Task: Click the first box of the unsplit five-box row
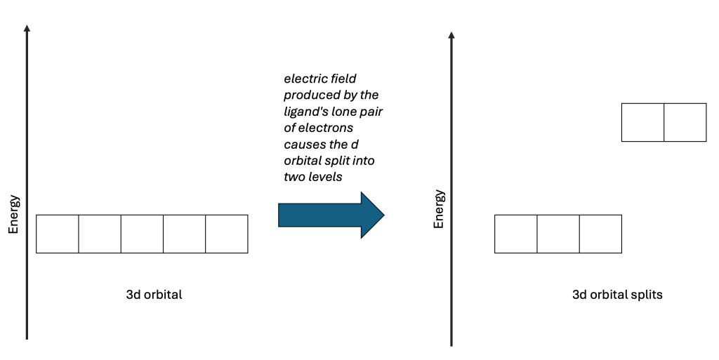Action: click(x=57, y=234)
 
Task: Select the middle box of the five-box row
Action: click(x=142, y=234)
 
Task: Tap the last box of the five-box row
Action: click(x=227, y=234)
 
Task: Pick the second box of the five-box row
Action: click(x=100, y=234)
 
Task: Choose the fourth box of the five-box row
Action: click(x=184, y=234)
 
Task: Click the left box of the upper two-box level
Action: click(x=642, y=122)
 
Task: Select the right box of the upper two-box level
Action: click(x=685, y=122)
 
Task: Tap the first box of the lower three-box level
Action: click(x=516, y=234)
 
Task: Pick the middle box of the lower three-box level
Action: click(x=558, y=234)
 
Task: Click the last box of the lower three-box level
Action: click(x=600, y=234)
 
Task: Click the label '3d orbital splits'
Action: click(x=617, y=295)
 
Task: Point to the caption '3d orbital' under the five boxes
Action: click(x=154, y=295)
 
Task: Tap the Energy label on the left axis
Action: click(x=14, y=214)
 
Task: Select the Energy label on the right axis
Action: click(x=439, y=208)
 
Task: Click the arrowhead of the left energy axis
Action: click(x=27, y=29)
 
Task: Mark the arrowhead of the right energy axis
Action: click(x=451, y=34)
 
